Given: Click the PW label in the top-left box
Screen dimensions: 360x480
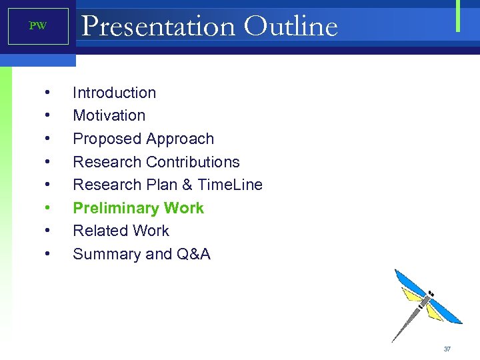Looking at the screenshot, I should click(x=38, y=27).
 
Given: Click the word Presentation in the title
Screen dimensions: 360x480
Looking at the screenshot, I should click(x=158, y=27).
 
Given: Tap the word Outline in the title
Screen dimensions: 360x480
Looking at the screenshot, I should click(x=291, y=27).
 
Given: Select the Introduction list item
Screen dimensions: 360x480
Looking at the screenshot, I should click(x=114, y=93).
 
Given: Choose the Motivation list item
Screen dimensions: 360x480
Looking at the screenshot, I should click(x=109, y=115).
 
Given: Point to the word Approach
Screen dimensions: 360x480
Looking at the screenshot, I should click(x=180, y=139).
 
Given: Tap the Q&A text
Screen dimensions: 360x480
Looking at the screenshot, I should click(x=193, y=254).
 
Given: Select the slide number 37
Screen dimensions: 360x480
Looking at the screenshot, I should click(x=447, y=349).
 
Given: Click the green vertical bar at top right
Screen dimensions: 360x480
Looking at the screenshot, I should click(x=458, y=16).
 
